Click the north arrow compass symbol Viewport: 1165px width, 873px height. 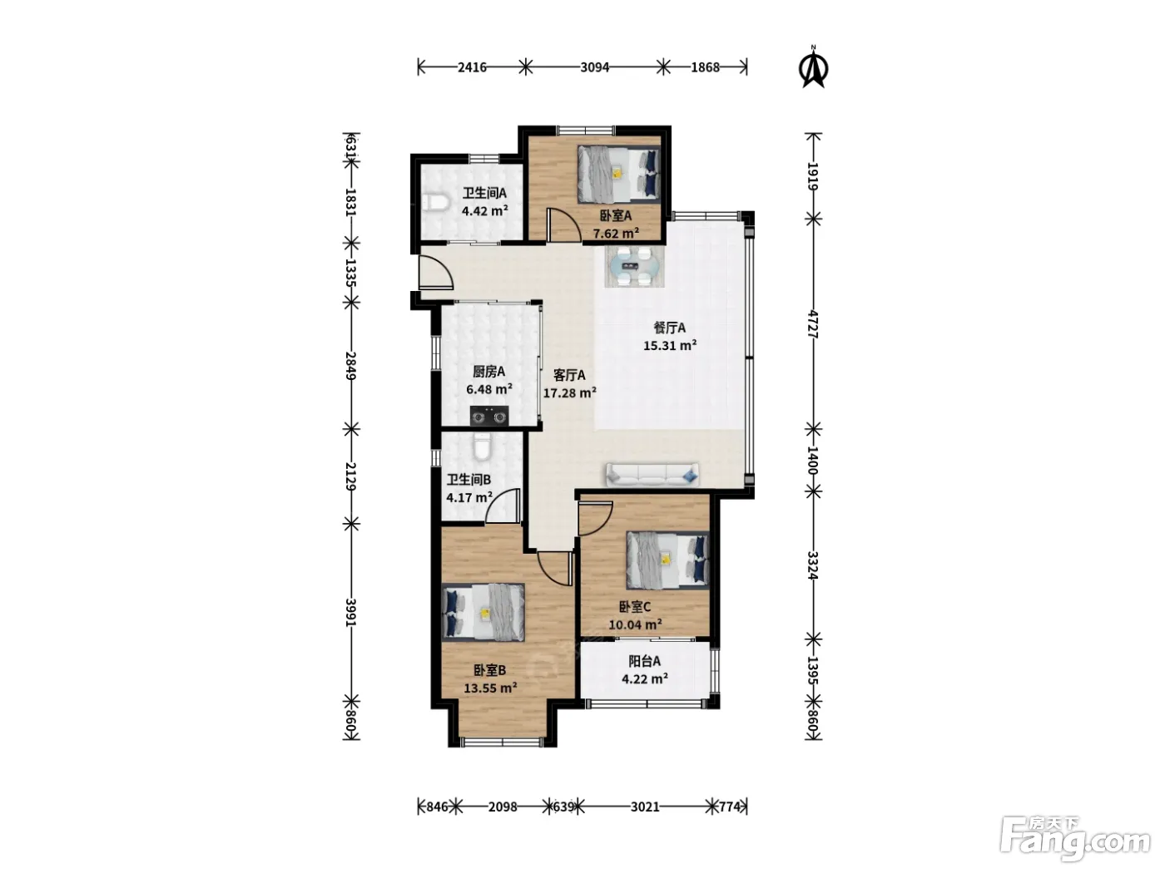coord(813,67)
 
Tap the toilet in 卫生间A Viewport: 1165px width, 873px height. coord(437,203)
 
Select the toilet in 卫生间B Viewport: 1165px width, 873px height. coord(481,446)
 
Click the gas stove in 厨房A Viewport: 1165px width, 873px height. coord(488,416)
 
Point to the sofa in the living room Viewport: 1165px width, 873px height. coord(652,475)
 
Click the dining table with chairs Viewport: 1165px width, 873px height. coord(635,267)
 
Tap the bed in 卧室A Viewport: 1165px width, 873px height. coord(619,175)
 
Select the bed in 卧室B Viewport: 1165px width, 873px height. coord(483,614)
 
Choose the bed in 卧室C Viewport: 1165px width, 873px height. coord(667,560)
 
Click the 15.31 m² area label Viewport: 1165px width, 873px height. coord(670,346)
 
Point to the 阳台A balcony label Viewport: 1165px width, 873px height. coord(644,661)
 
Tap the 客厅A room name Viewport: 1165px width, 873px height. coord(569,375)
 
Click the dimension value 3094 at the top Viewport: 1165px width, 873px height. coord(594,67)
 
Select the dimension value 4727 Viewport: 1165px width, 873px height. coord(813,324)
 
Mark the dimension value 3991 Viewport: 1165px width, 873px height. coord(351,612)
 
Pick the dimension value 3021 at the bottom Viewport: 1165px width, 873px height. coord(645,806)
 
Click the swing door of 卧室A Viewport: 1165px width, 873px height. coord(563,226)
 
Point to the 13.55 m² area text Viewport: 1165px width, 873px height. coord(490,688)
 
